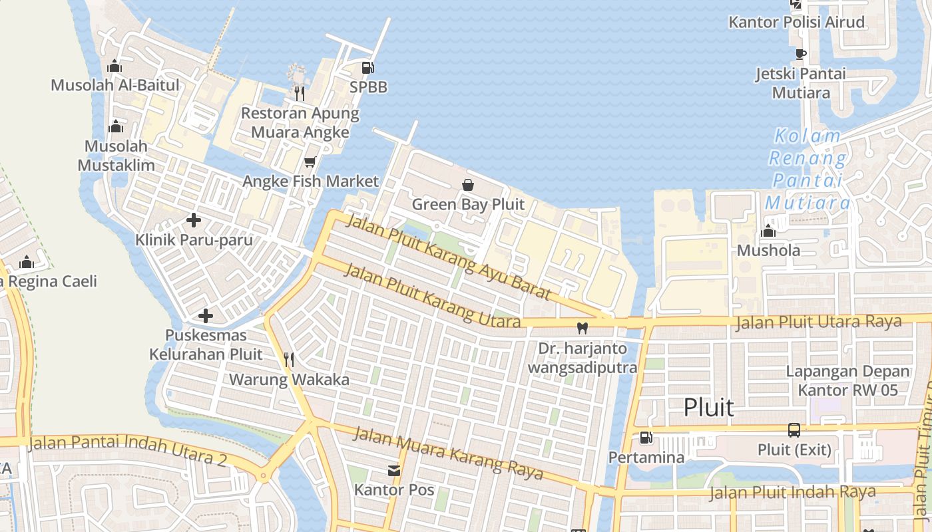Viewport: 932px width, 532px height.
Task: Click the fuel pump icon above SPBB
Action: [367, 67]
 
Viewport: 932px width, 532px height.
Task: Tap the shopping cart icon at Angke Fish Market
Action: [310, 162]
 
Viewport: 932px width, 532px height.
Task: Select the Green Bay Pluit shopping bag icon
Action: [468, 185]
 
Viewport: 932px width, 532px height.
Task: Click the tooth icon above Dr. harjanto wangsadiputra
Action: [582, 328]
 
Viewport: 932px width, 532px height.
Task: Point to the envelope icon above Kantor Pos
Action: [394, 471]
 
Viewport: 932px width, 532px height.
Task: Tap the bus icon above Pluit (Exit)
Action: [794, 430]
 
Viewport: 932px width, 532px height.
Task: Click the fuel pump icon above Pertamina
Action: [646, 438]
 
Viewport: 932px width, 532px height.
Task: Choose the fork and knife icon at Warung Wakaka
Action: [289, 360]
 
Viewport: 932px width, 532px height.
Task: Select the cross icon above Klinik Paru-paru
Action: [194, 220]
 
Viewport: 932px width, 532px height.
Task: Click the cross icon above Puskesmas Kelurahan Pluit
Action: [206, 316]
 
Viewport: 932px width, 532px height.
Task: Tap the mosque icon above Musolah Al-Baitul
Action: [115, 66]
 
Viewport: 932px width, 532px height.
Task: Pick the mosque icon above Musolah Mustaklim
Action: [116, 126]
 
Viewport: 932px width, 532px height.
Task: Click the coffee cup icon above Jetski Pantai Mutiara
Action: [801, 54]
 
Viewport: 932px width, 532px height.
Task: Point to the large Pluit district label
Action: [709, 407]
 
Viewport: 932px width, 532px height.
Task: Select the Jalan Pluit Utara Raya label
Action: [818, 323]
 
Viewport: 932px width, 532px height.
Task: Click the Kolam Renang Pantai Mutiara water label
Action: [808, 170]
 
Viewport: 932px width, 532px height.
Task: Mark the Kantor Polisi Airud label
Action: [797, 22]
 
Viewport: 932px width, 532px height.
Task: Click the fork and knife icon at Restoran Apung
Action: [300, 93]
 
